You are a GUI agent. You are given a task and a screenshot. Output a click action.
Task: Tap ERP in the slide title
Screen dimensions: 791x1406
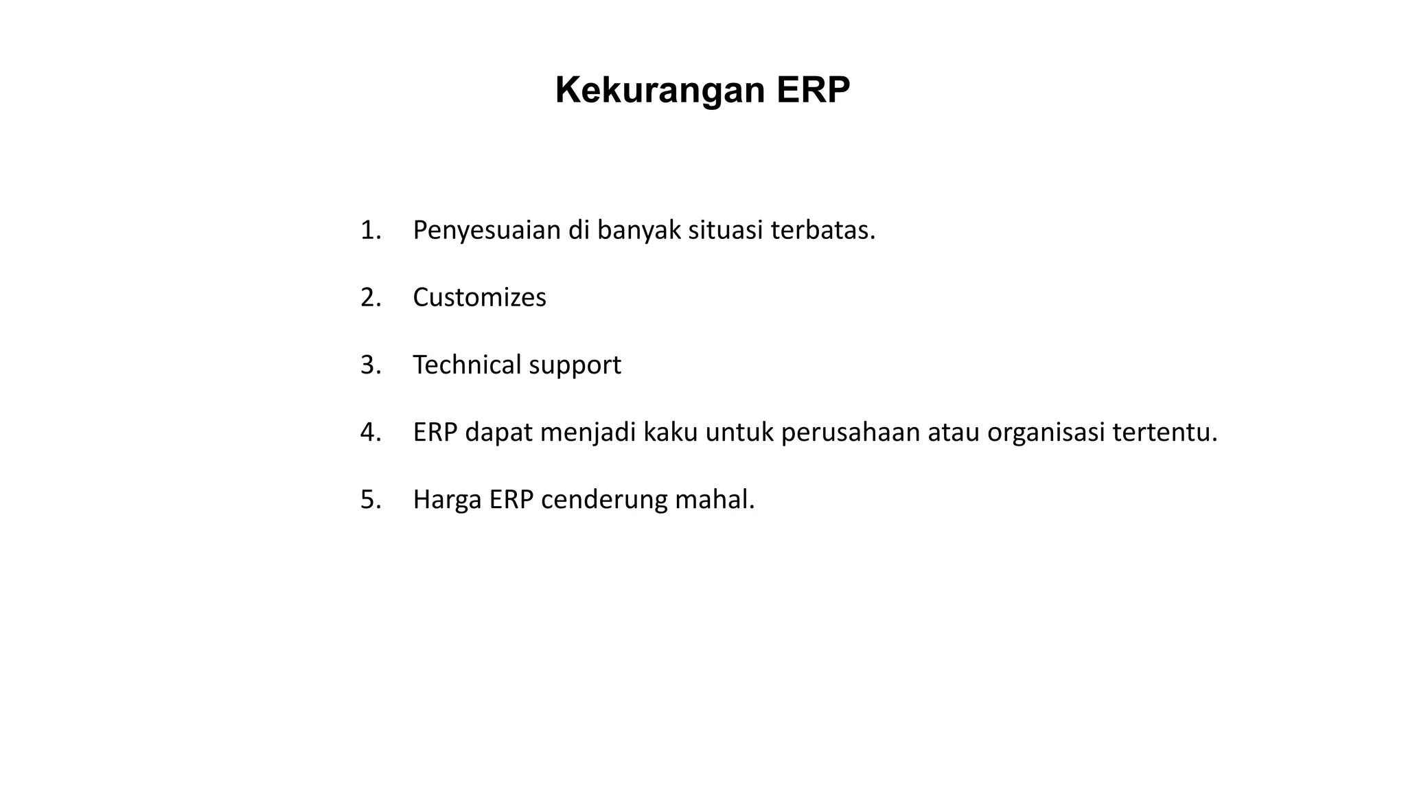[x=814, y=90]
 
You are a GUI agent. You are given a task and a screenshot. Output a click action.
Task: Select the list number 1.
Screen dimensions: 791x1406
[x=370, y=230]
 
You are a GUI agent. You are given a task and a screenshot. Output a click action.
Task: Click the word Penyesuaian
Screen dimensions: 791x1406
[x=487, y=230]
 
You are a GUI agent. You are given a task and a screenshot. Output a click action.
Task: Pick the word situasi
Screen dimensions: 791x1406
[x=726, y=230]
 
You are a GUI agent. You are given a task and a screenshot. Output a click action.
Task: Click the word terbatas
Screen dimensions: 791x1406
[x=823, y=230]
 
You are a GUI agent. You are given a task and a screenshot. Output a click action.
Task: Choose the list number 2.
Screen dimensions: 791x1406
[x=370, y=297]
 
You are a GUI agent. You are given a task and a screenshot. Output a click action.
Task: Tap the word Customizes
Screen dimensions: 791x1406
[x=479, y=297]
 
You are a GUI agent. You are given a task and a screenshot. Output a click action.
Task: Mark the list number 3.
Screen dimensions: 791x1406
[x=370, y=365]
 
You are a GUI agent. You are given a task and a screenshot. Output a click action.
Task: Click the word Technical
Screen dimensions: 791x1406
[x=467, y=365]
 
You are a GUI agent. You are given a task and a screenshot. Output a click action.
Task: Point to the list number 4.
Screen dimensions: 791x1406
[x=370, y=432]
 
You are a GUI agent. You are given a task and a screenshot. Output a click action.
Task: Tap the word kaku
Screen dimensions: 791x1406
[x=671, y=432]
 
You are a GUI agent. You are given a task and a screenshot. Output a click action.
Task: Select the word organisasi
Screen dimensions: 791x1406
[x=1046, y=433]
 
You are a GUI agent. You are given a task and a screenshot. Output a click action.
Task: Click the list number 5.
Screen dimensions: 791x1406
[x=370, y=499]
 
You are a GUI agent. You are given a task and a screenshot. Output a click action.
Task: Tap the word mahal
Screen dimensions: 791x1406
[x=715, y=499]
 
